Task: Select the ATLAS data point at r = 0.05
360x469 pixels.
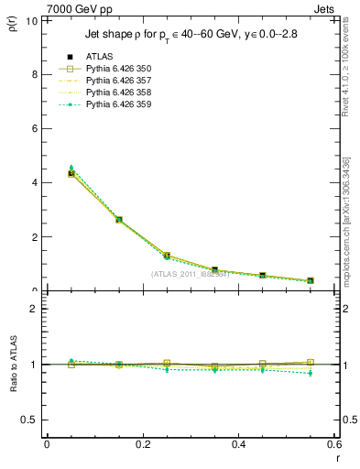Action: pos(71,173)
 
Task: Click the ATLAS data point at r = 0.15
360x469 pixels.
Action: pos(119,220)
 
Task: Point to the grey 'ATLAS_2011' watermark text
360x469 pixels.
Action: pos(190,274)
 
